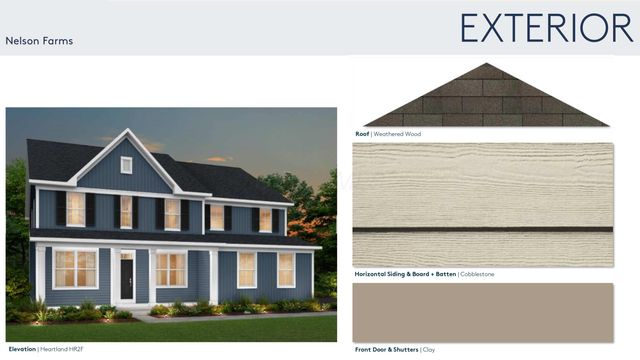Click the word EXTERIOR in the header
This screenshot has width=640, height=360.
click(x=546, y=27)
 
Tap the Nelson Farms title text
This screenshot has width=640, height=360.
click(x=39, y=42)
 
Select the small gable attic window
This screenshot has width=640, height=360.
click(x=126, y=165)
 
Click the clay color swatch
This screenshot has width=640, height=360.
click(x=482, y=312)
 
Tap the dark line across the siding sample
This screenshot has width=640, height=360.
click(x=482, y=230)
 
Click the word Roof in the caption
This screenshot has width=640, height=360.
click(x=362, y=133)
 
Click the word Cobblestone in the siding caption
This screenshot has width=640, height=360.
click(x=477, y=274)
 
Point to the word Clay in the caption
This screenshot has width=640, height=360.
click(x=427, y=349)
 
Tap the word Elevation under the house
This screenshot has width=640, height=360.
click(x=22, y=349)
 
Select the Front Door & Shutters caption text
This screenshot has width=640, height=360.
click(x=386, y=349)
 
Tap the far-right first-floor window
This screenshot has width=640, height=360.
click(x=286, y=269)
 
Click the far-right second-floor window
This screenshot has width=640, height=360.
click(x=266, y=219)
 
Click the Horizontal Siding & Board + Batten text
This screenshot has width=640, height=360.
click(x=404, y=274)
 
